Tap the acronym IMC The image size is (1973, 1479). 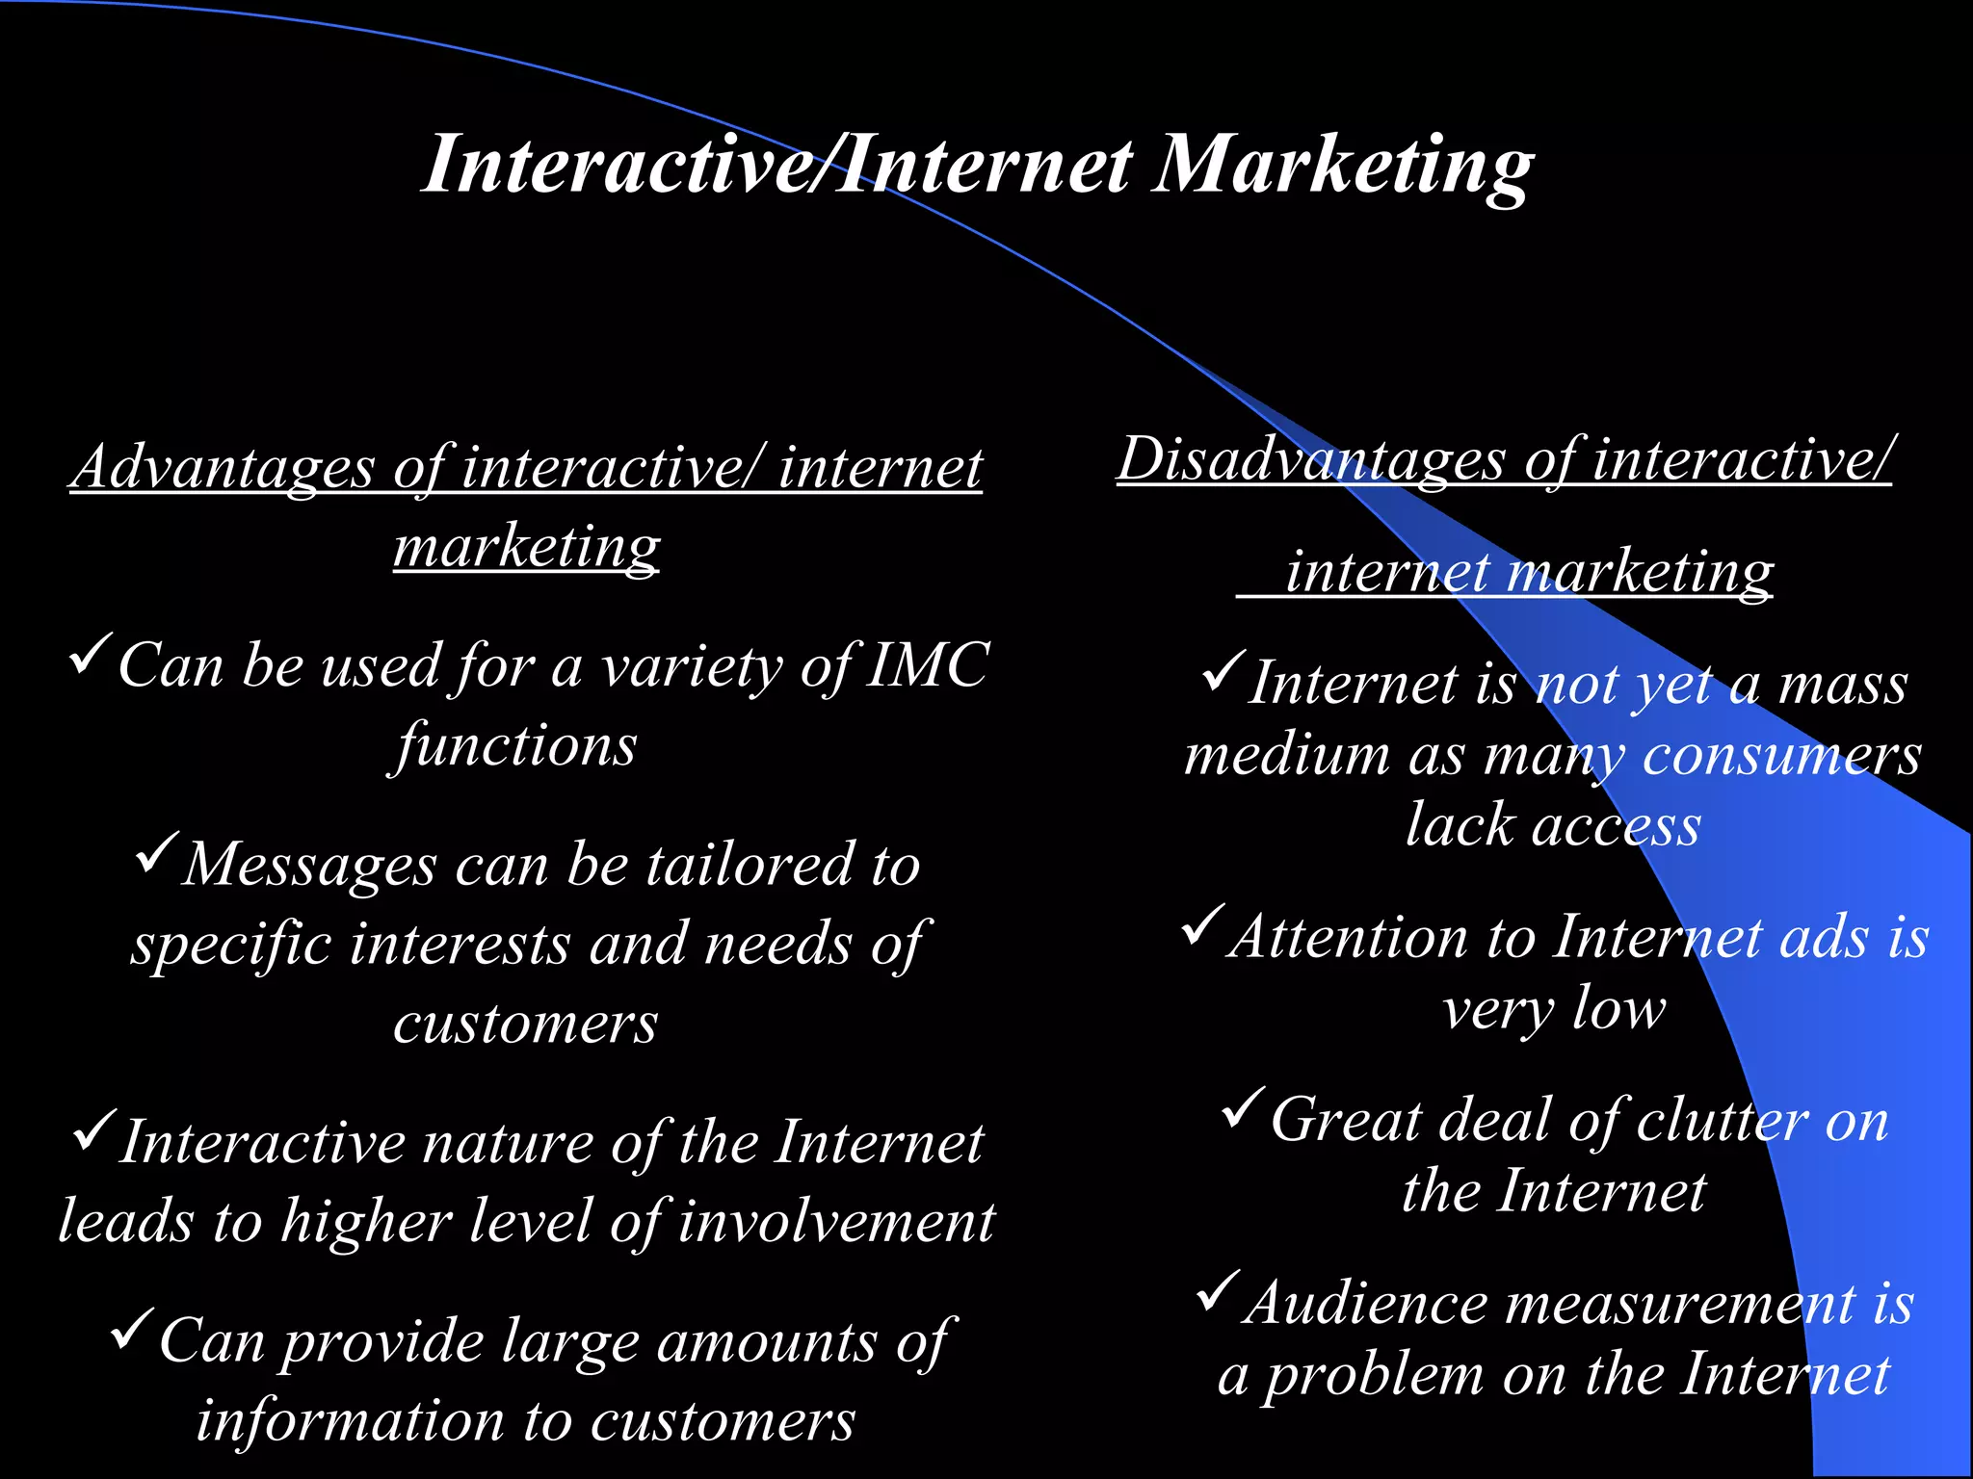(927, 665)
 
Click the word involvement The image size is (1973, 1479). (836, 1222)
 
